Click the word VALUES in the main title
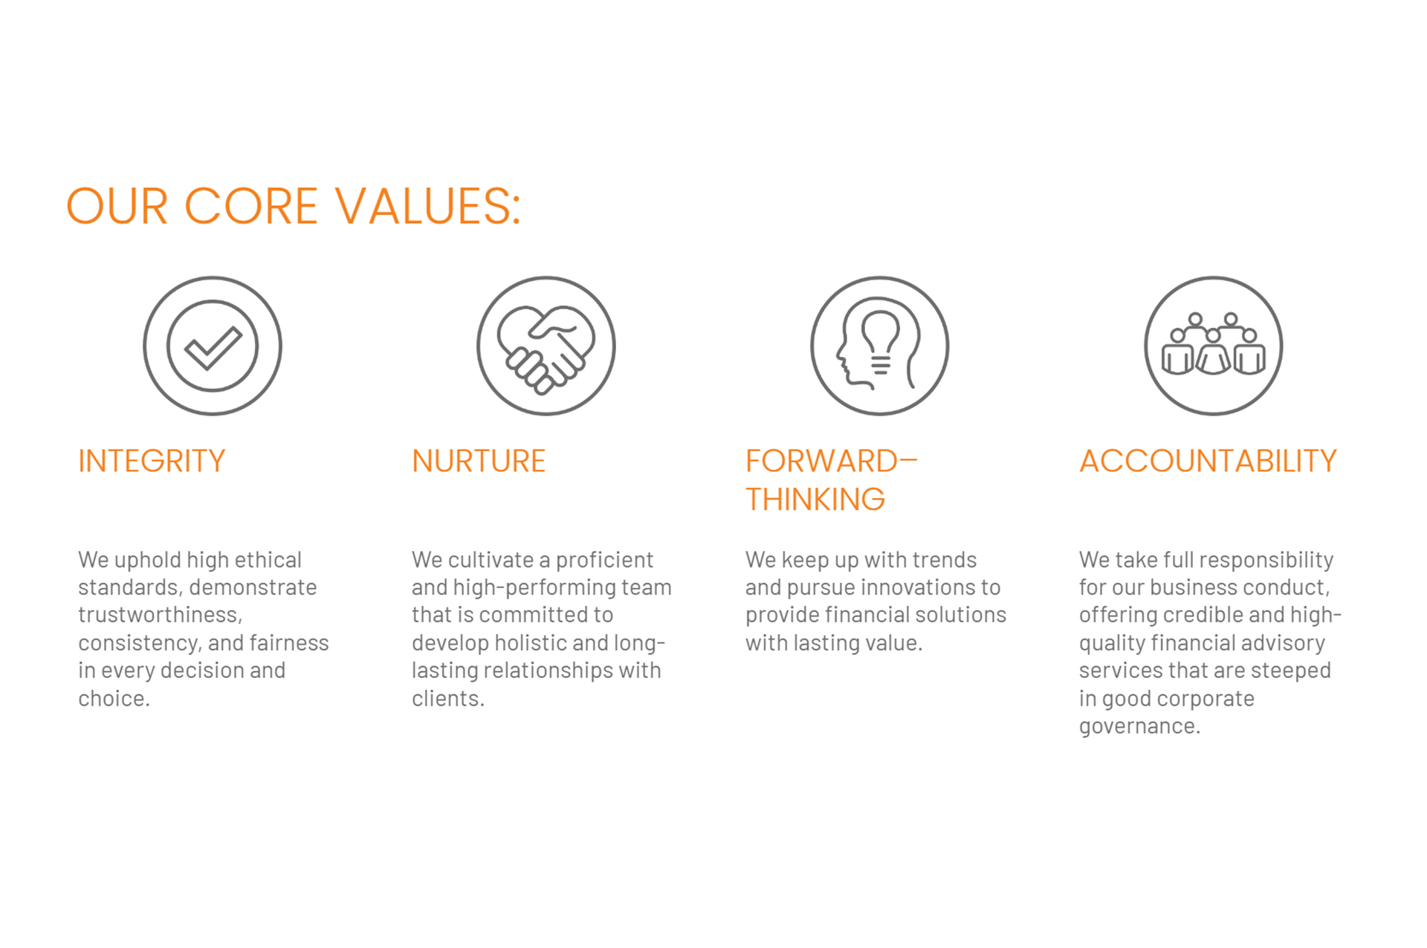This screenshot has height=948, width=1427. (427, 206)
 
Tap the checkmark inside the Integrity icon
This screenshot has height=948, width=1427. (213, 348)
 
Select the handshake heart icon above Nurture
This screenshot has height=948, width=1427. (546, 346)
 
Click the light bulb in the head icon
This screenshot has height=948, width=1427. (881, 341)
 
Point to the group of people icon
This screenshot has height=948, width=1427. (1214, 346)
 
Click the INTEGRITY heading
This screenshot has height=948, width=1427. (152, 461)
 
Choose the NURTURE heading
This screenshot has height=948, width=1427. (479, 461)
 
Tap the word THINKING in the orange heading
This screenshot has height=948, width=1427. (815, 500)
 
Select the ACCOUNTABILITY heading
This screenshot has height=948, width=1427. (1208, 461)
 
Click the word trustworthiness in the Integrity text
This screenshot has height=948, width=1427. (160, 615)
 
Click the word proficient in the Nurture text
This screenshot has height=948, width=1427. (604, 560)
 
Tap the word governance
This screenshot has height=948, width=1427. (1139, 726)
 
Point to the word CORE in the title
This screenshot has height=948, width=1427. (251, 206)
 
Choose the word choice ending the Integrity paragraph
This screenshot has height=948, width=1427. (114, 698)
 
